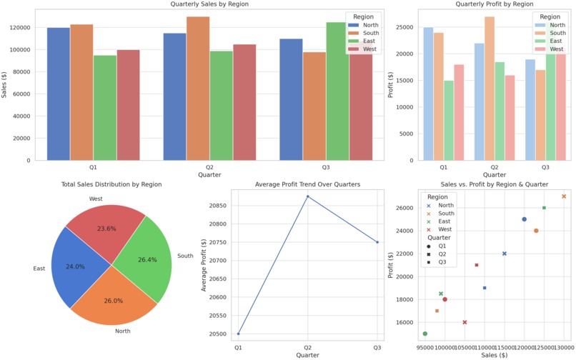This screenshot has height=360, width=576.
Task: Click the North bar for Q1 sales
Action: [59, 94]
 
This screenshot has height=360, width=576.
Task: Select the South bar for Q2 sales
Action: [198, 89]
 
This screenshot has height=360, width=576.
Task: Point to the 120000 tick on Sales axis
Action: [20, 28]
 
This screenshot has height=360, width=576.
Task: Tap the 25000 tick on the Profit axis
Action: [410, 28]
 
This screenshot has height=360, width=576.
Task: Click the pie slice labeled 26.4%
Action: [144, 261]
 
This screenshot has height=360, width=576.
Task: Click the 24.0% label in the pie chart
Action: [75, 266]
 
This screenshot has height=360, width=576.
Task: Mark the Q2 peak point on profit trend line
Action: [308, 196]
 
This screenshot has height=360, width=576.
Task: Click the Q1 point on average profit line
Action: [239, 334]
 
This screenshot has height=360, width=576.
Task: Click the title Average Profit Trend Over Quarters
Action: [307, 184]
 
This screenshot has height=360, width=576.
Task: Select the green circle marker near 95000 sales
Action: [425, 334]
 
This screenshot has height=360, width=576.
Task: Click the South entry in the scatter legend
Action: [446, 214]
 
